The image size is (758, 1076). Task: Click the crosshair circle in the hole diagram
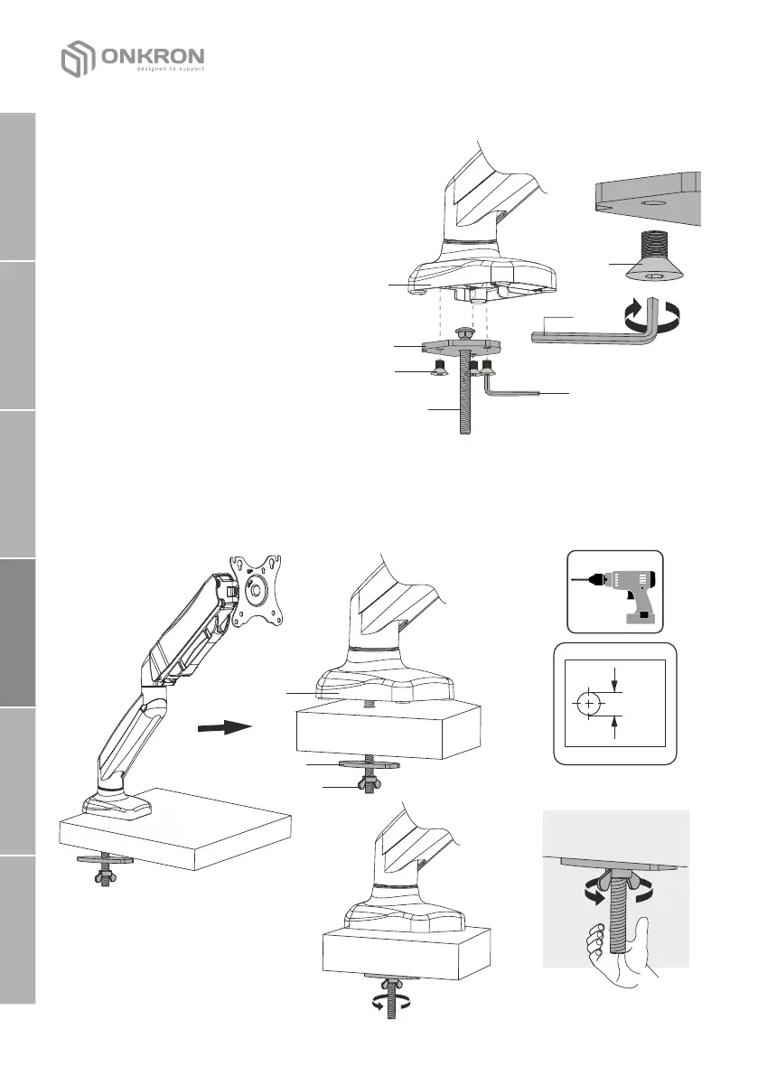589,703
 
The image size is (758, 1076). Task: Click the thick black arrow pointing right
222,726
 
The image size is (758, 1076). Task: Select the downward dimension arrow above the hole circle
615,680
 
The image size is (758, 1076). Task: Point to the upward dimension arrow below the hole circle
615,726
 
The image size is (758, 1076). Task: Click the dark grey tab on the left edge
16,632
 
